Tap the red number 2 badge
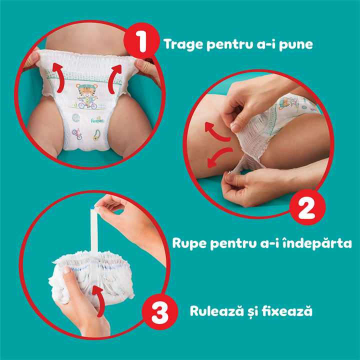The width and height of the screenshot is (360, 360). click(305, 209)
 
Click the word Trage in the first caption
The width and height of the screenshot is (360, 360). click(182, 44)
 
